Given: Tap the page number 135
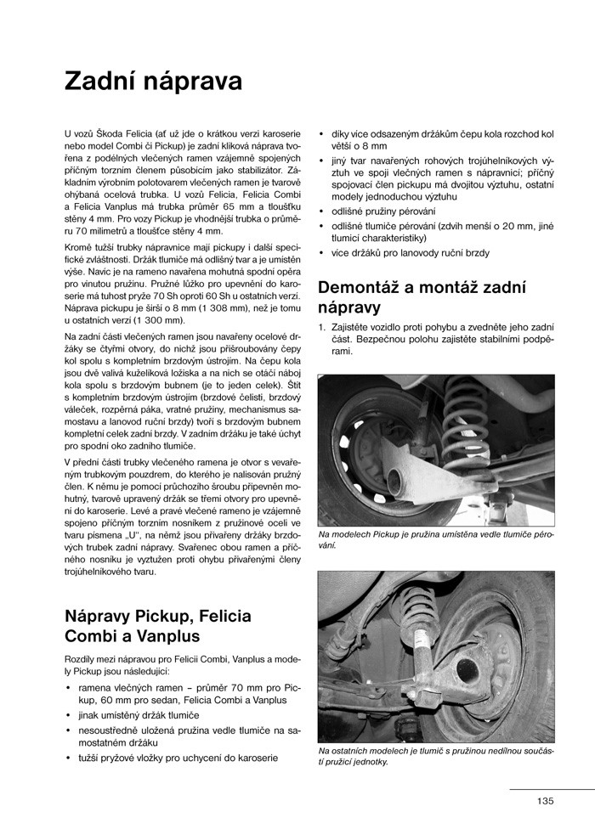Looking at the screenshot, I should [x=545, y=800].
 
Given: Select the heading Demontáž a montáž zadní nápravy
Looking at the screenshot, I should [x=423, y=296].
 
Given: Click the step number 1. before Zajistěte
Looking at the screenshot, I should [x=321, y=326].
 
